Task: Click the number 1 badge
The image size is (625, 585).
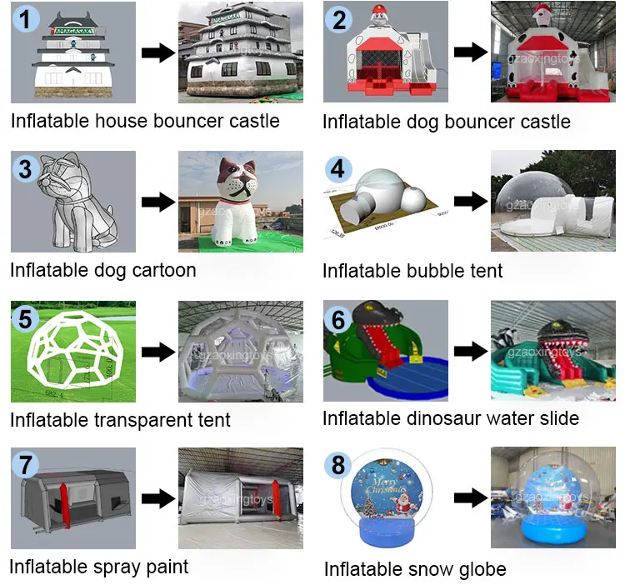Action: [26, 17]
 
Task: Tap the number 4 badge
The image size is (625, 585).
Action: [337, 170]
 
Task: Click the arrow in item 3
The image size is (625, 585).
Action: [157, 202]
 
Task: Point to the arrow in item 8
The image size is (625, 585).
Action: [470, 498]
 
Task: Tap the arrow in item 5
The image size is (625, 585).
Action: [157, 350]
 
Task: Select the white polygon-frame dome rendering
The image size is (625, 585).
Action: [72, 351]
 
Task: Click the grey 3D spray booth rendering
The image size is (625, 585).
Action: [72, 498]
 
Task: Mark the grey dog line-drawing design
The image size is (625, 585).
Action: [72, 201]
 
